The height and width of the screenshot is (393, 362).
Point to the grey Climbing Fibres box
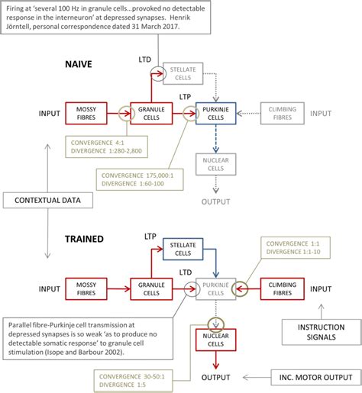coord(283,114)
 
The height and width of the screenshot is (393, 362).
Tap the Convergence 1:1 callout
coord(291,248)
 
